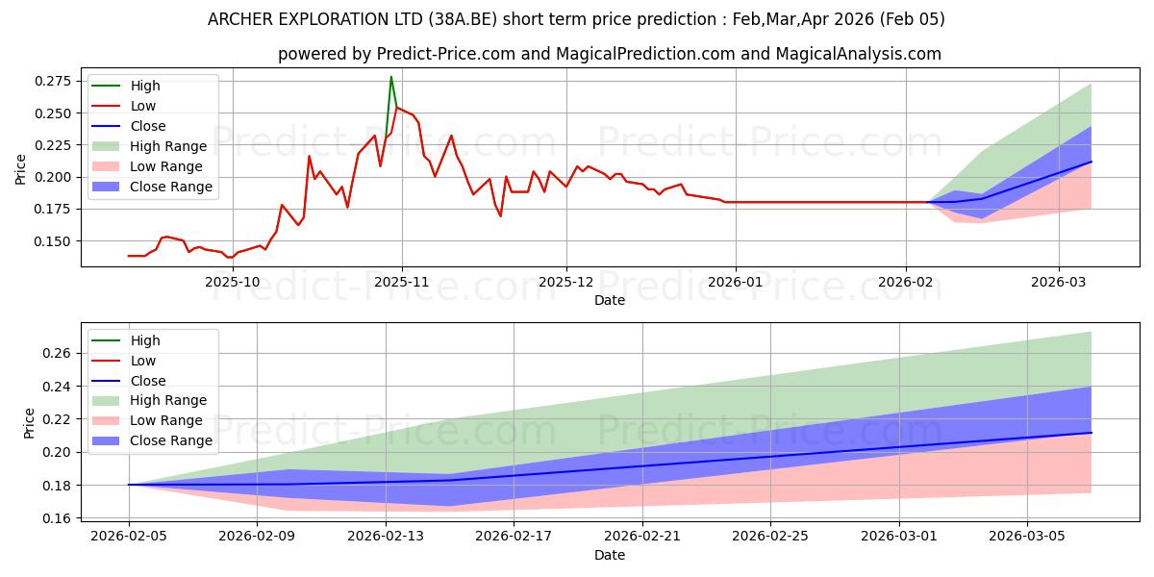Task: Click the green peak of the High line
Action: click(390, 77)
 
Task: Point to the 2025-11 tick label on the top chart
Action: click(402, 282)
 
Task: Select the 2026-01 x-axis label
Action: click(736, 282)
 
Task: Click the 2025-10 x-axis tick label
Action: click(234, 282)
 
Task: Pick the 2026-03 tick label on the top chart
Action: click(1059, 282)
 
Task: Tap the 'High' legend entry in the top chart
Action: click(145, 86)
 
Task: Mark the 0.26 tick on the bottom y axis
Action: click(58, 354)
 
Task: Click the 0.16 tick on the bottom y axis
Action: click(58, 518)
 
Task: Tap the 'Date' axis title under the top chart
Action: click(610, 300)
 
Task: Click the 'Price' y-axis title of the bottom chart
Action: click(28, 423)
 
